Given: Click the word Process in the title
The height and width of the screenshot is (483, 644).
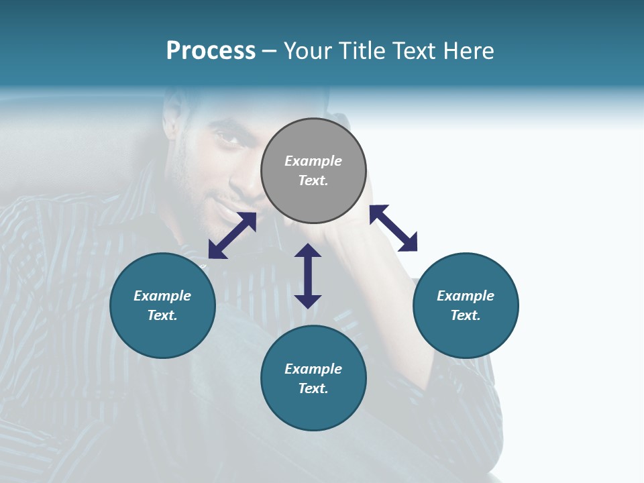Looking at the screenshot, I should (x=211, y=51).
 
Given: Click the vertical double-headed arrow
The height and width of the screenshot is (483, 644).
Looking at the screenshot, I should (x=308, y=276).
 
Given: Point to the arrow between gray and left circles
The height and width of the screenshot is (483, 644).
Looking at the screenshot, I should (x=232, y=235).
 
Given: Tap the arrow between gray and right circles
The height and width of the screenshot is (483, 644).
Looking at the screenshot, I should (x=393, y=228).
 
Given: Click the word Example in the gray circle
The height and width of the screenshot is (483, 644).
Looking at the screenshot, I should (x=313, y=161).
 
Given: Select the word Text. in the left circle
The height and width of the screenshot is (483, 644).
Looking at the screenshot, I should (x=162, y=315).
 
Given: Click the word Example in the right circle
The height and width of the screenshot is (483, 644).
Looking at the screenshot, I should (x=466, y=296).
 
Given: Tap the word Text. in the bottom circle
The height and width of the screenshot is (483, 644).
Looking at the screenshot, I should (x=313, y=388).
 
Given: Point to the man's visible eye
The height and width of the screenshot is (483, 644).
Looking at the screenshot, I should (x=223, y=137).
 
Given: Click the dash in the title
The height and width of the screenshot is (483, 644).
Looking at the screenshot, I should (x=270, y=51).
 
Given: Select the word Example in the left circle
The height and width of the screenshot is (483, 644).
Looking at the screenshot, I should (x=162, y=296).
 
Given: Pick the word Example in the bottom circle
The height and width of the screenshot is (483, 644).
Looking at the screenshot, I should (x=313, y=369).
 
